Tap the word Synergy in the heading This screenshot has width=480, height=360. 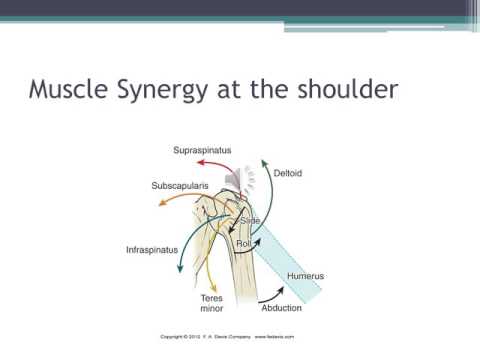[163, 92]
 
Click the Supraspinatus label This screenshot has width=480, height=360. [205, 150]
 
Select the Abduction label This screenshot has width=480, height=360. [282, 308]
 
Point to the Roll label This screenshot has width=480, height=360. [243, 243]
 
